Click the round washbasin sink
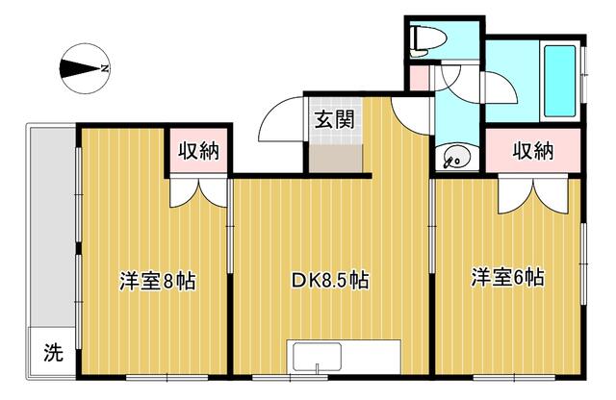[454, 158]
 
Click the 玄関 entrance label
[332, 121]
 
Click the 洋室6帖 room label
[507, 279]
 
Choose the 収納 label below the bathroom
[532, 151]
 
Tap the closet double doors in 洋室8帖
[200, 193]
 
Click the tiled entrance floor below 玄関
[334, 154]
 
